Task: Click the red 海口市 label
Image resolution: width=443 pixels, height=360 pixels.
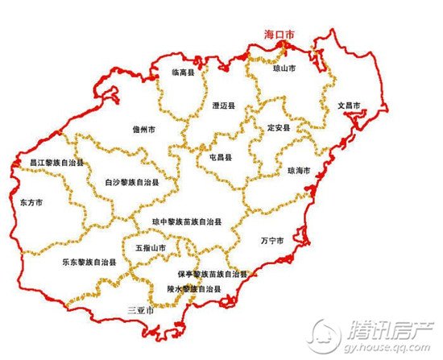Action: coord(280,35)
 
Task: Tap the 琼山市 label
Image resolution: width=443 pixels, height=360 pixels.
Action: coord(285,69)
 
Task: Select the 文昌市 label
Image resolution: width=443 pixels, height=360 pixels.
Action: coord(348,106)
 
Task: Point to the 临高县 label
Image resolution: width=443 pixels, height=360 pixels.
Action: coord(182,72)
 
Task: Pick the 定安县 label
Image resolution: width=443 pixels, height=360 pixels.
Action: coord(278,128)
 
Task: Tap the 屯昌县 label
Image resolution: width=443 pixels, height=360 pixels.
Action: coord(220,158)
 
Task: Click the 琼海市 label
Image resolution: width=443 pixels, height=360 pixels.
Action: coord(299,171)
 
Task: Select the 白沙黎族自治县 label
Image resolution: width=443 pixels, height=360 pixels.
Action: coord(132,183)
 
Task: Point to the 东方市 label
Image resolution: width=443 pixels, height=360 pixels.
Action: coord(30,202)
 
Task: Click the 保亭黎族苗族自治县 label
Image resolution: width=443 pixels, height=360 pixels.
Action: coord(212,274)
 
